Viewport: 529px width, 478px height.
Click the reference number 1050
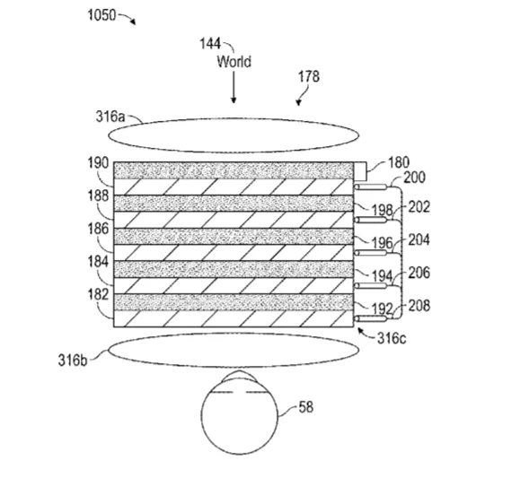click(101, 15)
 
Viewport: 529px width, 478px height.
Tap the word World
click(234, 62)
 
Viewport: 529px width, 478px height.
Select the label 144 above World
click(210, 44)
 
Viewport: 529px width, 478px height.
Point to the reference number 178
click(309, 77)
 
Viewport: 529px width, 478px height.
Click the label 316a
click(110, 117)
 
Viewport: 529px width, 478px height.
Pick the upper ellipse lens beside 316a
click(234, 135)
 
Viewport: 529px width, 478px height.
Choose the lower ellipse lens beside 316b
click(234, 350)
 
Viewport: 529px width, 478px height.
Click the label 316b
click(73, 361)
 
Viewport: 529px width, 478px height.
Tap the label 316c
click(392, 338)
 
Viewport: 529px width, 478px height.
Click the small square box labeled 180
click(360, 170)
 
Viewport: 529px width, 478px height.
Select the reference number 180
click(399, 162)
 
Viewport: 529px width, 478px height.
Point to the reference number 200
click(415, 178)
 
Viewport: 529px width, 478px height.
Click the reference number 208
click(419, 306)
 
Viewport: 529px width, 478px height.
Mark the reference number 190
click(98, 163)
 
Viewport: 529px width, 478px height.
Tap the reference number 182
click(98, 295)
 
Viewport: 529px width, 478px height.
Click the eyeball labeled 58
click(239, 413)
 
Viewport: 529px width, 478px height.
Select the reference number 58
click(306, 407)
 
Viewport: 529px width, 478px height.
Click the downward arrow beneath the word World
click(234, 87)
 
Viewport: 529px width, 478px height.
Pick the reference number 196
click(383, 243)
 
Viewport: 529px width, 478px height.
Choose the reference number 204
click(419, 239)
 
